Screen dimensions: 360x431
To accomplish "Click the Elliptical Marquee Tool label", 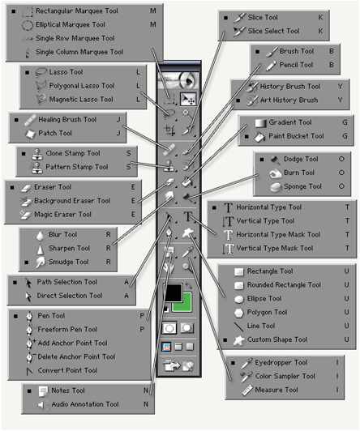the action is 70,25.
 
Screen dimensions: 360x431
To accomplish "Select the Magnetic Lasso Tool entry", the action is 81,99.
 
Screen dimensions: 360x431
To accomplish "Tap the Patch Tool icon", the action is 30,134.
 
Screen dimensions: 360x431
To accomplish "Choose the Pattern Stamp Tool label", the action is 77,167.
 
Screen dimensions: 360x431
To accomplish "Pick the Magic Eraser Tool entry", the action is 62,215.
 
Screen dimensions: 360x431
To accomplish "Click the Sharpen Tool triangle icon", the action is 41,249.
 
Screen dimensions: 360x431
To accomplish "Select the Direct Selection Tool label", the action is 70,296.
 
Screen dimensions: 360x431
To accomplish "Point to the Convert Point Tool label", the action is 67,370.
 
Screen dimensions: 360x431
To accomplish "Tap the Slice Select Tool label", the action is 273,31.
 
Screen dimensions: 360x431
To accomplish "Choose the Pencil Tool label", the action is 296,65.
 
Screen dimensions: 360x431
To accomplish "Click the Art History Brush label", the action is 289,100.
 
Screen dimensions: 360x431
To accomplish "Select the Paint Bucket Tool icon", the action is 259,137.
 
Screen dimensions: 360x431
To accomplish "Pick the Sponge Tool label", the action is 302,186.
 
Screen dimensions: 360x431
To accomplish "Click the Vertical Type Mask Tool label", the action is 275,248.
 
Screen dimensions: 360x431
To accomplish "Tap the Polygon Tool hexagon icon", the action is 239,313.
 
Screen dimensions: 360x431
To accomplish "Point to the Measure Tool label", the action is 276,390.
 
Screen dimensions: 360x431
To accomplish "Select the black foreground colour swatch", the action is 173,292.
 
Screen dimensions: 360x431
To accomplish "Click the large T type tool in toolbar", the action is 188,216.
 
